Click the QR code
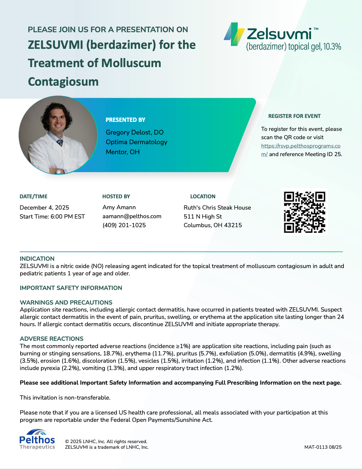(x=304, y=212)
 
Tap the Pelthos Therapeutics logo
(x=37, y=439)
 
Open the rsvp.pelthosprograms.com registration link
(x=300, y=146)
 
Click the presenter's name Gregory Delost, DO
(x=134, y=132)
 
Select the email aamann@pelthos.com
(x=132, y=216)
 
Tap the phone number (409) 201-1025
(x=124, y=225)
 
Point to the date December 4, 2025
(x=44, y=208)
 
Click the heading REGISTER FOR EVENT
(x=294, y=116)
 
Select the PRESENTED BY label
(x=125, y=120)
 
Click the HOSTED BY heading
(x=116, y=197)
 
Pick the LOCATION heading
(x=203, y=197)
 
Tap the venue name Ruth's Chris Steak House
(x=217, y=208)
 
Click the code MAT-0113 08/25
(x=323, y=447)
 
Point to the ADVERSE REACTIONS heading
(x=52, y=339)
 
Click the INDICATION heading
(x=37, y=259)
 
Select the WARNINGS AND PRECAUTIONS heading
(x=66, y=303)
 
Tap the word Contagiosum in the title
(x=63, y=82)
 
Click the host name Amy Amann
(x=119, y=207)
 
